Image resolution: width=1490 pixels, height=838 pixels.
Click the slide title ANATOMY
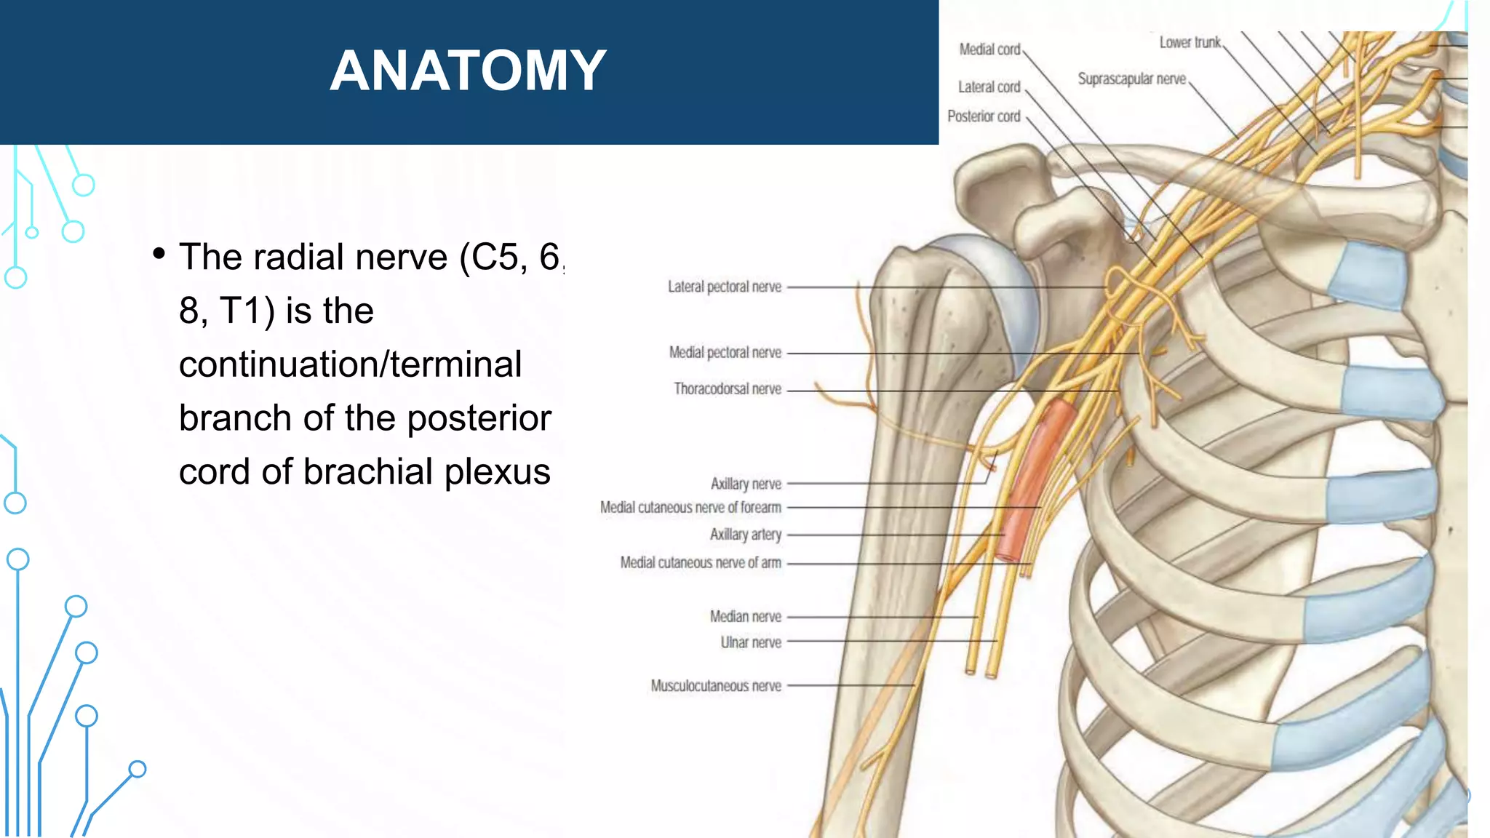tap(468, 71)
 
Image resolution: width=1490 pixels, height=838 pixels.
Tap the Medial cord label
tap(989, 49)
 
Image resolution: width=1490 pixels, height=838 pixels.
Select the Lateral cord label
tap(989, 87)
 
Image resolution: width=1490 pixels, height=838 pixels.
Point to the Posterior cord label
tap(984, 116)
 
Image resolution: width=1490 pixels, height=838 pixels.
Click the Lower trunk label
tap(1190, 42)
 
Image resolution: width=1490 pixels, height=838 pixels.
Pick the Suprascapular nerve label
tap(1131, 79)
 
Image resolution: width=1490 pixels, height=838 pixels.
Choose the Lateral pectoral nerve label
tap(725, 287)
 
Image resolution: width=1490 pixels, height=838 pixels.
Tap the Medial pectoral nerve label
tap(725, 352)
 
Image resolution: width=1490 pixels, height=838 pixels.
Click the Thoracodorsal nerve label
tap(727, 388)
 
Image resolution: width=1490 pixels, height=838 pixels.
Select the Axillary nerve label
tap(746, 484)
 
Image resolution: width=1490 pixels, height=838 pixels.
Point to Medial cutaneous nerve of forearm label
tap(690, 507)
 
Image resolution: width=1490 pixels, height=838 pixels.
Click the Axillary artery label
tap(745, 534)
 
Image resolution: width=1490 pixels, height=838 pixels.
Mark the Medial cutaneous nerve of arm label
tap(701, 562)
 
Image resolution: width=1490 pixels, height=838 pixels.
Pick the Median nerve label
tap(745, 616)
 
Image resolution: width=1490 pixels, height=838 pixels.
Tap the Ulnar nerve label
tap(751, 642)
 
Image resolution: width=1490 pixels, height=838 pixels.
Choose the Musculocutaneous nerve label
tap(716, 686)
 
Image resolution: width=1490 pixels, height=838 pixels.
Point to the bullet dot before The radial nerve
tap(159, 254)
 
